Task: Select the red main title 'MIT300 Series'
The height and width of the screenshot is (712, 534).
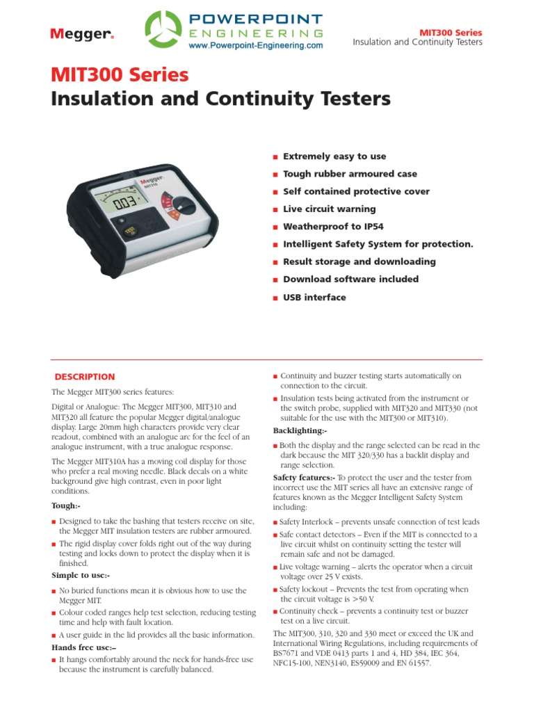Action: (120, 74)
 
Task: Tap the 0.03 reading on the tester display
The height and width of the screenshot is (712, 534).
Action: (125, 204)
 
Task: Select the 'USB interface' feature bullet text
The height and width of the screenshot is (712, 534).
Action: (314, 297)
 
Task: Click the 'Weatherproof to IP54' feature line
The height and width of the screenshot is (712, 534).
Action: (333, 227)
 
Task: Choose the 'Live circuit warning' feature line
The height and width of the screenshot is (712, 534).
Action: (329, 209)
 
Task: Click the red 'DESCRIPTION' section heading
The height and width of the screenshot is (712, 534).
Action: (85, 377)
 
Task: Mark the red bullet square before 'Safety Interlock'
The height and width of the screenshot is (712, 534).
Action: (275, 522)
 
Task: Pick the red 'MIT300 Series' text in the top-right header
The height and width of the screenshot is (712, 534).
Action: (450, 33)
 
